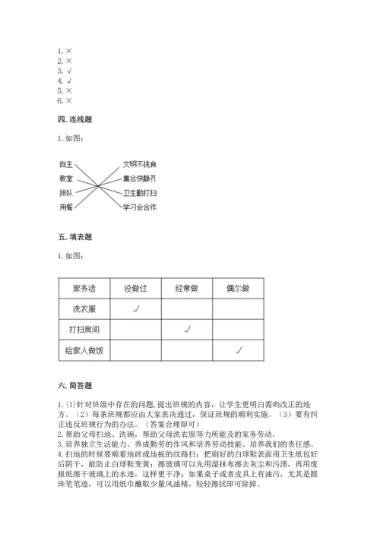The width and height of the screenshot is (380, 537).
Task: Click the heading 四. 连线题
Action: pos(74,118)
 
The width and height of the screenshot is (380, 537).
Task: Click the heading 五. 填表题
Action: pos(74,237)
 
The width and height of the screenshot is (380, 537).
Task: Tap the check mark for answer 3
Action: pos(68,71)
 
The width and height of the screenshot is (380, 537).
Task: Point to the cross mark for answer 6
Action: pos(68,100)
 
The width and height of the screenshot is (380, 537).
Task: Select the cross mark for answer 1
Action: pos(68,51)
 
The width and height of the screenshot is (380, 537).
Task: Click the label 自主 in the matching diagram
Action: pos(65,164)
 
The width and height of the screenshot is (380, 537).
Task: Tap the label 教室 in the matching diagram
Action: pos(65,178)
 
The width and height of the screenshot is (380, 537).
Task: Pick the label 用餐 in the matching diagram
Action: pos(65,207)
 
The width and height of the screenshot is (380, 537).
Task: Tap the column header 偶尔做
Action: pos(238,289)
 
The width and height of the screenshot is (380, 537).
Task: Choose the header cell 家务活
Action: pos(84,289)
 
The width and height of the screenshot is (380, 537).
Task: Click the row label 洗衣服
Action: pos(84,309)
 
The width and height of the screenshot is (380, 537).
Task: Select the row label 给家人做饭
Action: pos(84,350)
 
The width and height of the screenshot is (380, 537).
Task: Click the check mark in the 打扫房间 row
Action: pos(187,329)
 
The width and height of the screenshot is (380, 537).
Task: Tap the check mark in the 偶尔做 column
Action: pos(239,349)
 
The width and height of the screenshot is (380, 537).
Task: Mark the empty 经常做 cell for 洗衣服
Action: pos(187,309)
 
